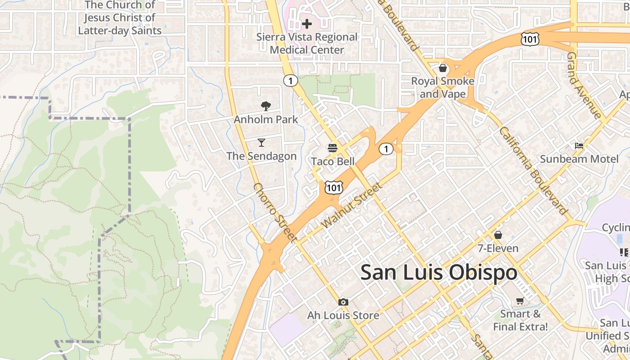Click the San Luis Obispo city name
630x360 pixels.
tap(439, 273)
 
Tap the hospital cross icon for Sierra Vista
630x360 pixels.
tap(307, 23)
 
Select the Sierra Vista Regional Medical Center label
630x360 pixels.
tap(307, 43)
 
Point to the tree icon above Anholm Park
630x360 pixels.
tap(266, 106)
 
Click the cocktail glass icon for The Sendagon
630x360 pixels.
tap(261, 143)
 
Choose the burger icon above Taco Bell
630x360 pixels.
tap(333, 148)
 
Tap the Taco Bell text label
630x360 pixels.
tap(333, 162)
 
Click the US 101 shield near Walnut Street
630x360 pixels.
tap(333, 187)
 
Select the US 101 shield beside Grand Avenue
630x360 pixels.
tap(530, 40)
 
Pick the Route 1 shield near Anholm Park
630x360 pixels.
tap(291, 81)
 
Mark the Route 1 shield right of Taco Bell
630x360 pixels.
tap(386, 149)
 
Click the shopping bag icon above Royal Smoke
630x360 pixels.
tap(443, 68)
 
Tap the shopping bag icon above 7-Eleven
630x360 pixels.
tap(498, 235)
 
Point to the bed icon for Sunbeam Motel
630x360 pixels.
tap(579, 146)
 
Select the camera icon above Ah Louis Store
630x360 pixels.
tap(343, 302)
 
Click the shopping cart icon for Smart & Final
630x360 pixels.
tap(520, 301)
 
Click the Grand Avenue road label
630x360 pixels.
tap(584, 85)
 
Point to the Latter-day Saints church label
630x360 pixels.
tap(120, 18)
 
